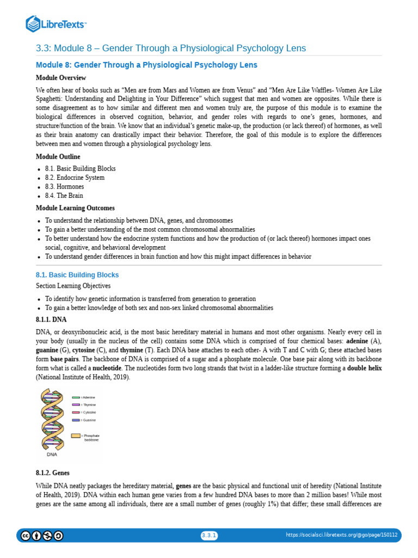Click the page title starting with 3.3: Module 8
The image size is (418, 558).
click(171, 48)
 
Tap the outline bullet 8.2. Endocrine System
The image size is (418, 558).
click(75, 178)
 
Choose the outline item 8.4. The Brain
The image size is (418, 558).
click(64, 196)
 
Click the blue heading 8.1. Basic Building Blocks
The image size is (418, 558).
click(77, 275)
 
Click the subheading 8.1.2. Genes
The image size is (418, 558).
click(53, 473)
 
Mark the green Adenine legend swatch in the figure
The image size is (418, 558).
click(76, 398)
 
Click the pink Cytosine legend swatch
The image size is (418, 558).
click(76, 413)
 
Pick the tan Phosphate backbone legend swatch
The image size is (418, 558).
click(76, 436)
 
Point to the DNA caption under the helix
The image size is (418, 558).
click(52, 453)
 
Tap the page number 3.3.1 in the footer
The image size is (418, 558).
click(209, 536)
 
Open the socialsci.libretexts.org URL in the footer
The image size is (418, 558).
click(342, 536)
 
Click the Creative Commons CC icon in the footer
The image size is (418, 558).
click(26, 536)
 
